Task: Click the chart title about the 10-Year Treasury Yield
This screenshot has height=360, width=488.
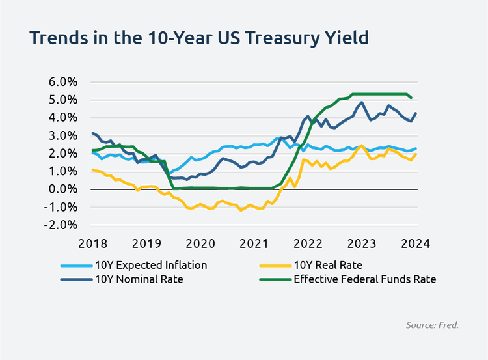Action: coord(200,38)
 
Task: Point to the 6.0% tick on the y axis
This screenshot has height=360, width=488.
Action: coord(63,83)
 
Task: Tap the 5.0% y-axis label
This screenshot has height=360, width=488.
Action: coord(63,100)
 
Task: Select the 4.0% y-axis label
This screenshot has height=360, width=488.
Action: coord(63,118)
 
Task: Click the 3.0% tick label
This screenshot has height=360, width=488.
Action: coord(63,136)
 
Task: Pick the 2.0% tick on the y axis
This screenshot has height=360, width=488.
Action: coord(63,154)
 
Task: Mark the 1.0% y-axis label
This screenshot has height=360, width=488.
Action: coord(63,171)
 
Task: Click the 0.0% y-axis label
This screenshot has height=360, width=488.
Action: coord(63,189)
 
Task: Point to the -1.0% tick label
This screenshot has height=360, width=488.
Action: coord(61,207)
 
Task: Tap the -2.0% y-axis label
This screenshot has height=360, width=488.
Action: coord(61,225)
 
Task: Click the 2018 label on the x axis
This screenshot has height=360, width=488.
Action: coord(92,243)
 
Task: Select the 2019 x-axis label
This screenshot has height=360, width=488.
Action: coord(146,243)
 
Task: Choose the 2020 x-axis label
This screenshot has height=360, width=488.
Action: coord(200,243)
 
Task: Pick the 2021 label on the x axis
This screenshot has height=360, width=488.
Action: coord(253,243)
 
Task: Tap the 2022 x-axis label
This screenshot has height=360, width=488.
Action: coord(307,243)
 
